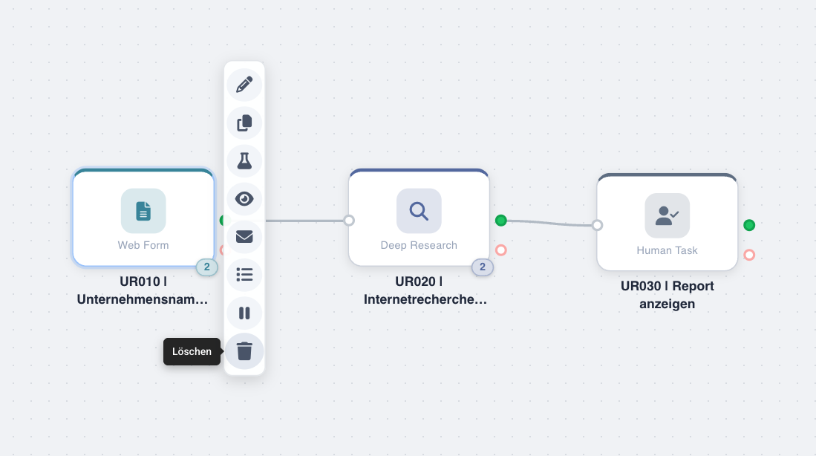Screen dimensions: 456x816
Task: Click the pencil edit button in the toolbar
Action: [244, 84]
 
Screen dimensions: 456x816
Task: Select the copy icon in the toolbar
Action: [244, 123]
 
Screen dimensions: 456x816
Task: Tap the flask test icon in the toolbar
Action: [244, 160]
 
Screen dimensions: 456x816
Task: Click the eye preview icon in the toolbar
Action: [244, 199]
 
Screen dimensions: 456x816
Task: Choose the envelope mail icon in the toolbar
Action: [244, 237]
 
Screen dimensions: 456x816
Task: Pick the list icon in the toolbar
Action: [244, 275]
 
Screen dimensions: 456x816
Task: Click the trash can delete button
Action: [244, 351]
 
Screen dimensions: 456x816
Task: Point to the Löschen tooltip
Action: [192, 351]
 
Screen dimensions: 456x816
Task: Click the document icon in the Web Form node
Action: [143, 211]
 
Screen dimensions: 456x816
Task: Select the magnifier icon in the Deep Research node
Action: [419, 211]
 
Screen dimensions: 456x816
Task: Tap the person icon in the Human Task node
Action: [667, 216]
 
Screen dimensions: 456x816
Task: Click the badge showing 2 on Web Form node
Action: [206, 267]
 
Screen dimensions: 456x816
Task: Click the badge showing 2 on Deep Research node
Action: [482, 267]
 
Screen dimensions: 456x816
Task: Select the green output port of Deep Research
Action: [501, 221]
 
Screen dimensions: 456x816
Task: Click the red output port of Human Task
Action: [749, 255]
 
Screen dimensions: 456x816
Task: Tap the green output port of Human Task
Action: [749, 225]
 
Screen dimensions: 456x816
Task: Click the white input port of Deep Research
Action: [349, 221]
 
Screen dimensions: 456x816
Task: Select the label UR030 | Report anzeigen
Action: [667, 295]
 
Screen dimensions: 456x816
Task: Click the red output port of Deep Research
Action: [501, 250]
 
